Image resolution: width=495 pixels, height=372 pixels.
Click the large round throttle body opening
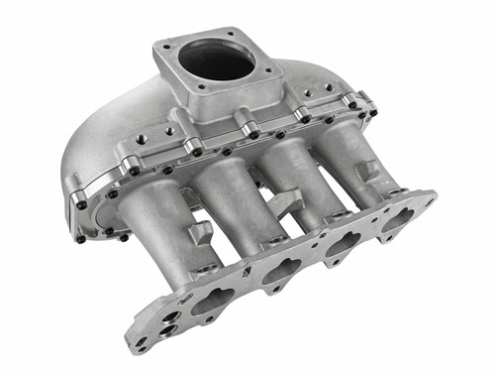[217, 62]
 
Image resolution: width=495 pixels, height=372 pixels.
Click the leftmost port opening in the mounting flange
[213, 303]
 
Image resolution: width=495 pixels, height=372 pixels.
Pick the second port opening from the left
[281, 271]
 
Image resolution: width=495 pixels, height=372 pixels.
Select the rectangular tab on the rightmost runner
[366, 170]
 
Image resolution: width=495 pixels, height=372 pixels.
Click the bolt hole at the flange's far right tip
[429, 197]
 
